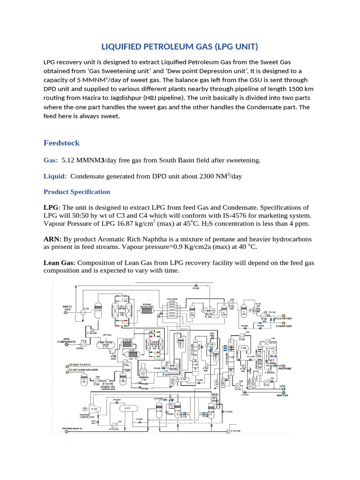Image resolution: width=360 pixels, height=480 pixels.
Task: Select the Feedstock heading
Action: tap(61, 142)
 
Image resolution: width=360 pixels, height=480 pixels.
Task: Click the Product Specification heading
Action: tap(76, 192)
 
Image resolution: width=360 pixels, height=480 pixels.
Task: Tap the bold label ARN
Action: tap(52, 239)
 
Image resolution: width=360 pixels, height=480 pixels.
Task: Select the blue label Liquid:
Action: tap(55, 176)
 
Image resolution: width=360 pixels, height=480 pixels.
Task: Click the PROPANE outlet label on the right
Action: tap(285, 368)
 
